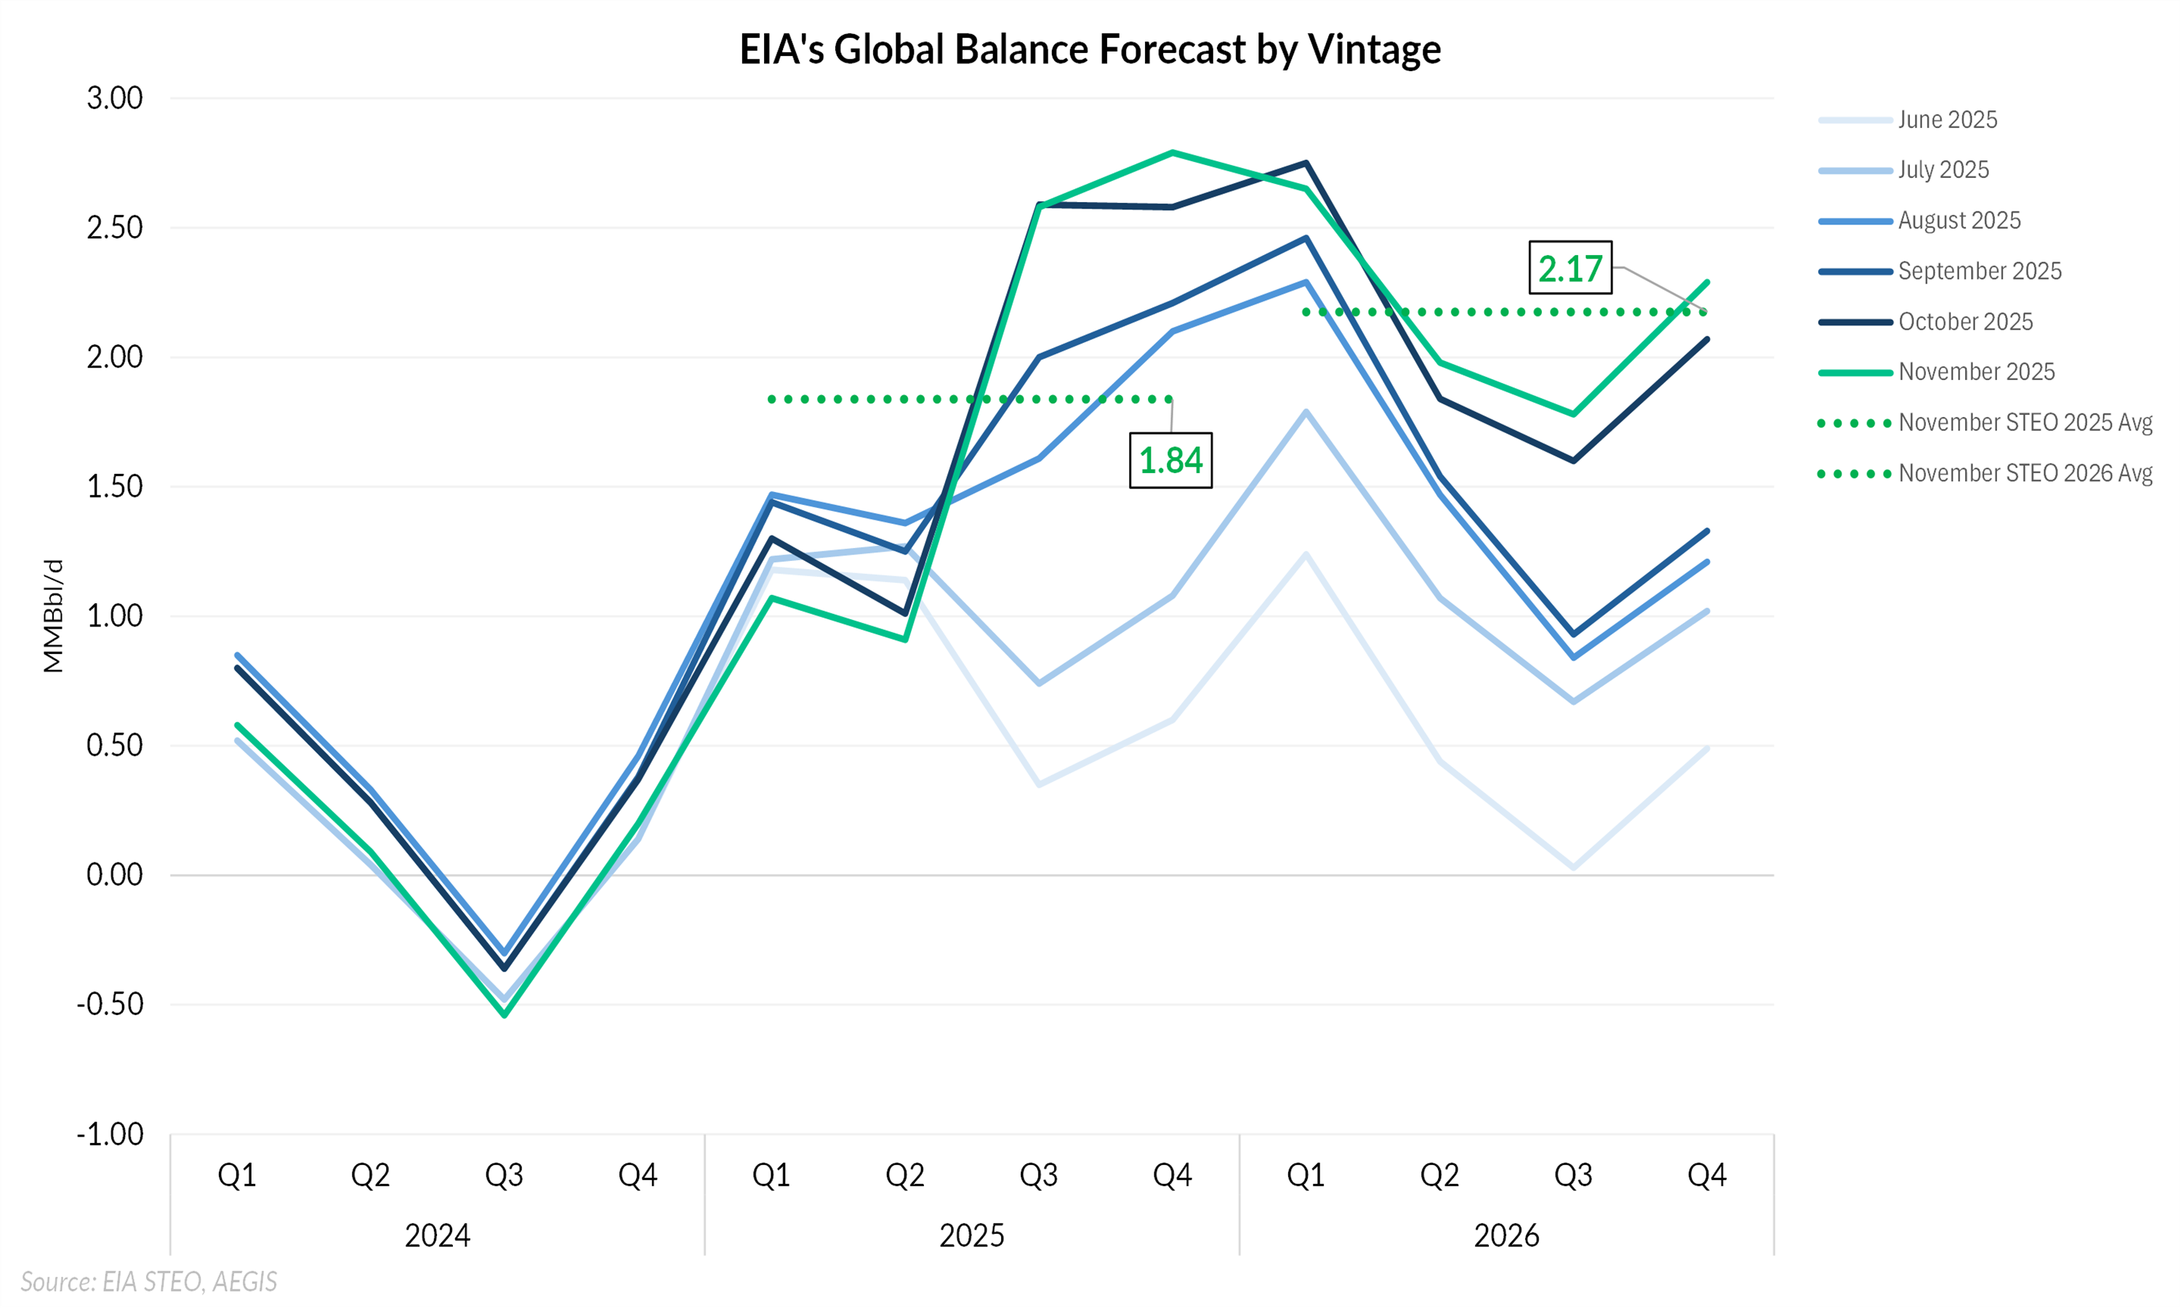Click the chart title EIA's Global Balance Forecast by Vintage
pyautogui.click(x=1090, y=49)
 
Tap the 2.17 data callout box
pyautogui.click(x=1570, y=268)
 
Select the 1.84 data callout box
pyautogui.click(x=1170, y=460)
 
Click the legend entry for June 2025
pyautogui.click(x=1946, y=120)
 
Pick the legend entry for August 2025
pyautogui.click(x=1959, y=220)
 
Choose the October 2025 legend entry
pyautogui.click(x=1965, y=322)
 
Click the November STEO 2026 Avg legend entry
pyautogui.click(x=2025, y=473)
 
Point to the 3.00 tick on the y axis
pyautogui.click(x=115, y=98)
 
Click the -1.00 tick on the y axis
pyautogui.click(x=111, y=1134)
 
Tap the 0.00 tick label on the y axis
pyautogui.click(x=115, y=875)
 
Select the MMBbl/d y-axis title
pyautogui.click(x=54, y=616)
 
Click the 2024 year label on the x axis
pyautogui.click(x=437, y=1236)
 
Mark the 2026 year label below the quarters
pyautogui.click(x=1506, y=1236)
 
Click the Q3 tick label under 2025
pyautogui.click(x=1038, y=1176)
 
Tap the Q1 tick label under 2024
pyautogui.click(x=237, y=1176)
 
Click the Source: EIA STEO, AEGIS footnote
pyautogui.click(x=149, y=1282)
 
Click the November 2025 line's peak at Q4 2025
pyautogui.click(x=1173, y=153)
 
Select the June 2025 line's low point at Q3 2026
pyautogui.click(x=1574, y=868)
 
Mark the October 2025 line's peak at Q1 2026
pyautogui.click(x=1306, y=163)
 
